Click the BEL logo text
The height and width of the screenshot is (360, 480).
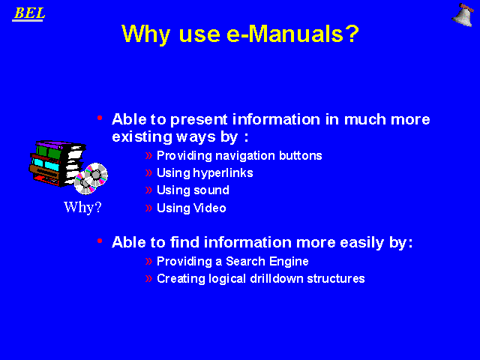(29, 13)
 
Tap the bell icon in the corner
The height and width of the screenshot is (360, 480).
(463, 15)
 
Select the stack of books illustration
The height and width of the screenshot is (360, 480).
(58, 163)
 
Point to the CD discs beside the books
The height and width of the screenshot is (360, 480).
(91, 178)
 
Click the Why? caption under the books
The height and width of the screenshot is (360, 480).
(82, 207)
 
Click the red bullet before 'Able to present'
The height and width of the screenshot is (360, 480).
(100, 118)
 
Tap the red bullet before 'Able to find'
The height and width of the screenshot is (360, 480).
(100, 241)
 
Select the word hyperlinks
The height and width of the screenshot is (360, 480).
(223, 173)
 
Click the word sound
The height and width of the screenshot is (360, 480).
(211, 190)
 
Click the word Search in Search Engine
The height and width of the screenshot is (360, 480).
(245, 262)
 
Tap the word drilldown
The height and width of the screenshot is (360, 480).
(277, 278)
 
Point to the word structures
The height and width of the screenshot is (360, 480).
(336, 279)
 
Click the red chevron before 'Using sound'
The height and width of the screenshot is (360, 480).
(148, 190)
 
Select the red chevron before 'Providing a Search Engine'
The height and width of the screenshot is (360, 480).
(148, 262)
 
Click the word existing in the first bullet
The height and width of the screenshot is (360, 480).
(142, 136)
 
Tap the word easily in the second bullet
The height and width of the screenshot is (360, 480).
(361, 243)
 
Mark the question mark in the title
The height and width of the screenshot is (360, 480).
(353, 34)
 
